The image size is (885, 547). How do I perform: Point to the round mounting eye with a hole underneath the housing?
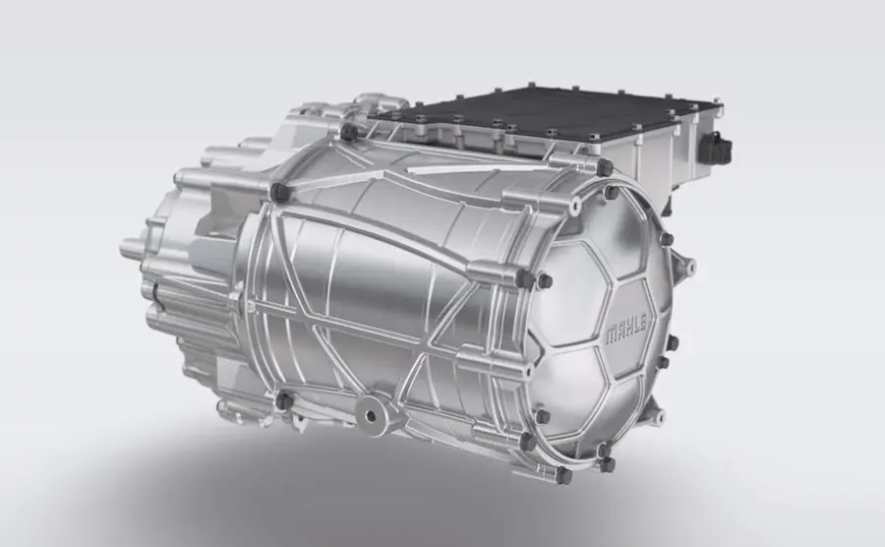[x=371, y=415]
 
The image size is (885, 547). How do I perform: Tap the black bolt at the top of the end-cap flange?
[x=604, y=167]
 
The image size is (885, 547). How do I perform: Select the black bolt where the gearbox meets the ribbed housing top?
[x=279, y=192]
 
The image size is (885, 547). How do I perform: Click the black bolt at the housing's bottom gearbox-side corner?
[x=284, y=401]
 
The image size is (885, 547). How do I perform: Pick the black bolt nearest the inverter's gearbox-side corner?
[x=349, y=133]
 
